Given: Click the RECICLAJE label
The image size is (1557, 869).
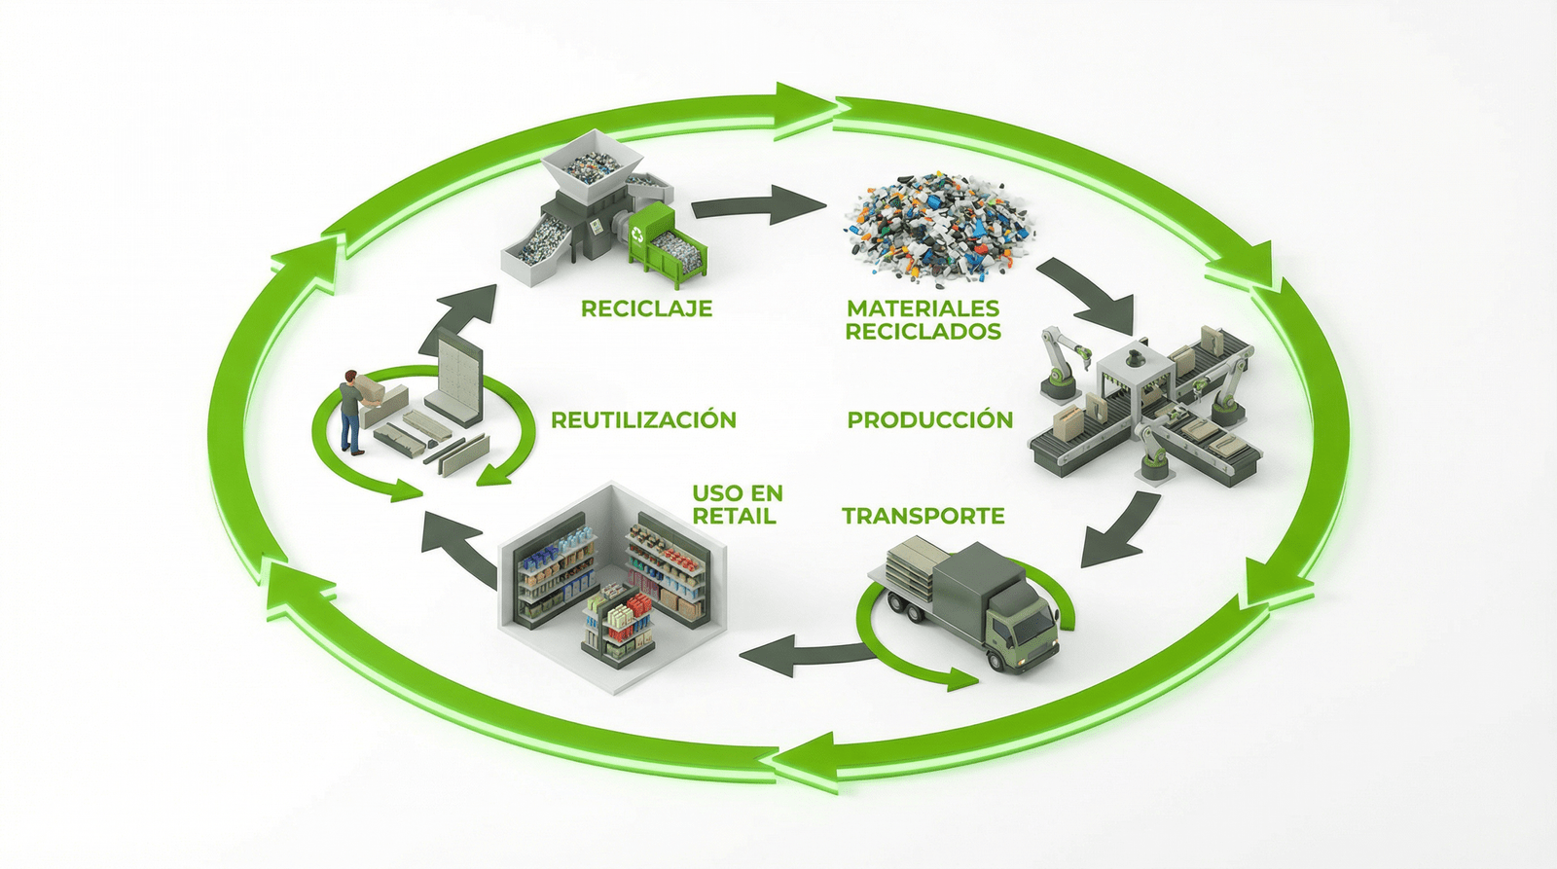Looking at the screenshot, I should tap(646, 308).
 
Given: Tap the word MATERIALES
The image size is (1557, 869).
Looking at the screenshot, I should tap(923, 308).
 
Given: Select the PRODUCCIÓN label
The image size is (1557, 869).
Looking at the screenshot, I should tap(929, 419).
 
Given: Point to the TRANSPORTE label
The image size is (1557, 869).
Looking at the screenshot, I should tap(923, 516).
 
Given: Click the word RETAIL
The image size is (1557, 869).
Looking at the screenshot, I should tap(734, 517).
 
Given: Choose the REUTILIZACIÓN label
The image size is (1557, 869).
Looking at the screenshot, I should tap(643, 419).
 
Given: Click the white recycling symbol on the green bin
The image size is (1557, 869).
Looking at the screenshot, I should tap(638, 234).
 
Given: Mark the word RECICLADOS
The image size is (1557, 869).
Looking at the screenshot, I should tap(923, 332).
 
